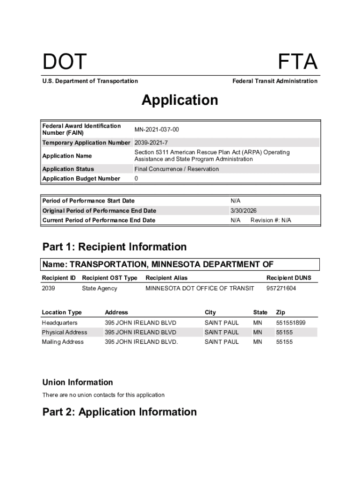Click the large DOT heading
tap(65, 62)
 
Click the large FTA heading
tap(298, 62)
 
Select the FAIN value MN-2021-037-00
tap(156, 129)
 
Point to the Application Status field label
tap(68, 169)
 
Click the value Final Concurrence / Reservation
tap(176, 169)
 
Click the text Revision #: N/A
tap(271, 220)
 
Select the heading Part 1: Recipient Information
tap(114, 247)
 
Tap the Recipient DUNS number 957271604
tap(281, 288)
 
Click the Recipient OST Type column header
tap(109, 278)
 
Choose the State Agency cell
tap(99, 288)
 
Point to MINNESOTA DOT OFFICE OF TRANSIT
tap(200, 288)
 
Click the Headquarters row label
tap(59, 323)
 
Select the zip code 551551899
tap(290, 323)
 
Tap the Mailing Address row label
tap(63, 342)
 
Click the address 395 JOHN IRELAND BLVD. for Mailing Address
tap(141, 342)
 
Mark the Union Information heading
tap(77, 382)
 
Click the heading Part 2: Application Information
tap(119, 412)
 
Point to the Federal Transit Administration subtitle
tap(274, 81)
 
